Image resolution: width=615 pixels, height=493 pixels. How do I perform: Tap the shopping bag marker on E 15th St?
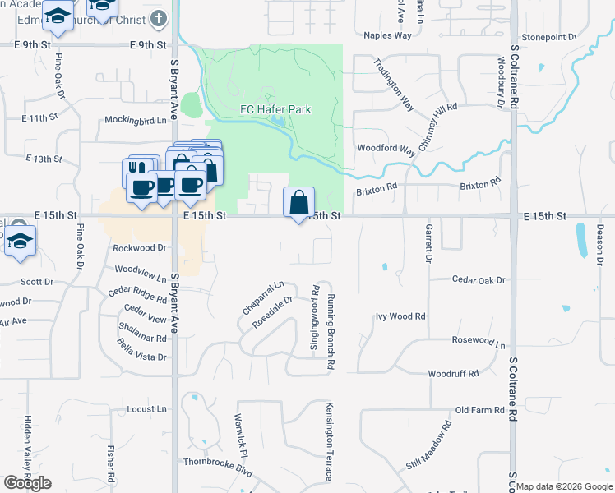(x=298, y=202)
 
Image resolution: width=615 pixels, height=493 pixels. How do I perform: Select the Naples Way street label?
(x=387, y=35)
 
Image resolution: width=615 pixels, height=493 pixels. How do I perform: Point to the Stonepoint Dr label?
(x=548, y=37)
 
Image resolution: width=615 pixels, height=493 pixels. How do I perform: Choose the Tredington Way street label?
(x=394, y=84)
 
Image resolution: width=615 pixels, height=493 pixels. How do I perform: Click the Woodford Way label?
(x=386, y=149)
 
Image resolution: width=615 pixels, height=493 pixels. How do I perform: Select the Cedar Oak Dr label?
(x=479, y=279)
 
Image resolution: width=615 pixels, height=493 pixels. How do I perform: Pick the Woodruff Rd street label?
(x=453, y=374)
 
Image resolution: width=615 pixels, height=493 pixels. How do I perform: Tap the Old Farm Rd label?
(x=479, y=410)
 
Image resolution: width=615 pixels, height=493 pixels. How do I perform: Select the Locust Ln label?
(x=147, y=408)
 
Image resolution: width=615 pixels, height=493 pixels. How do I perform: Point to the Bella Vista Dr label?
(x=141, y=351)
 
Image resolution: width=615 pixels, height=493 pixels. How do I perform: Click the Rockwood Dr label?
(x=140, y=247)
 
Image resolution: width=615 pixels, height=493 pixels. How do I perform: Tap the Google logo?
(x=27, y=483)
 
